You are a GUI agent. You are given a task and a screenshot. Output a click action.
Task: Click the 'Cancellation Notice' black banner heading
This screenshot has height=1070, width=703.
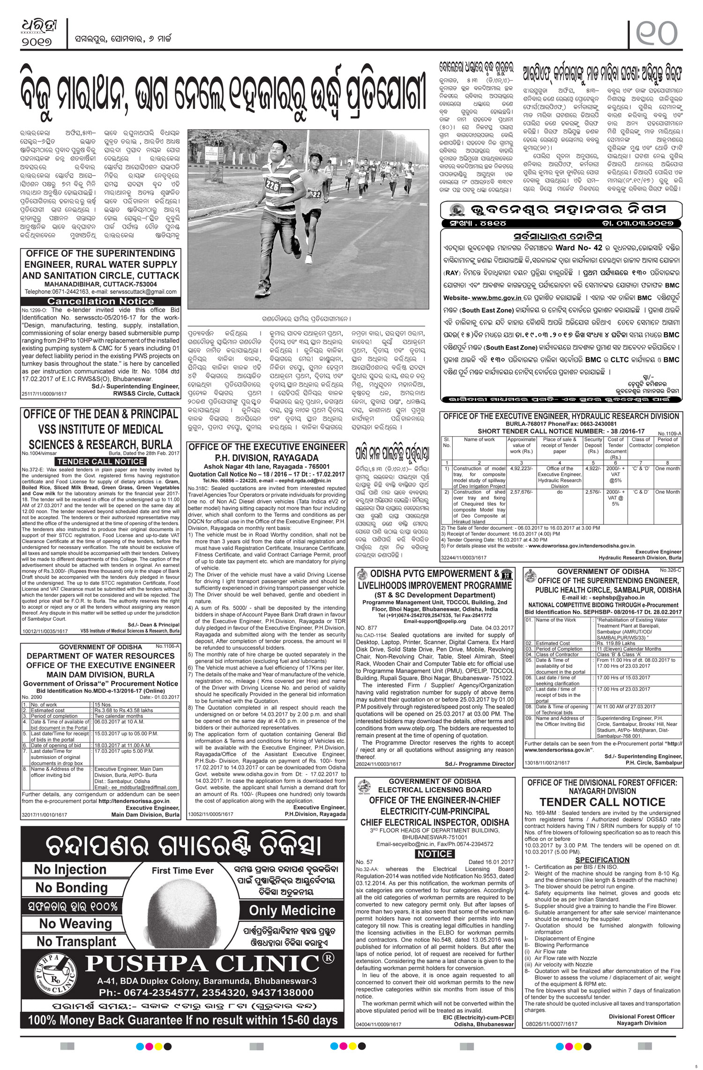click(101, 301)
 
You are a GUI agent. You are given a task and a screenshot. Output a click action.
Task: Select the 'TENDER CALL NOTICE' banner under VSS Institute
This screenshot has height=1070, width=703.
click(101, 461)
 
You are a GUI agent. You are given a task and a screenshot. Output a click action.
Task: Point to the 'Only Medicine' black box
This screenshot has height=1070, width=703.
click(292, 910)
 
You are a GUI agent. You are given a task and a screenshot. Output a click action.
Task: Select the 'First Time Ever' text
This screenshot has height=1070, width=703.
click(183, 871)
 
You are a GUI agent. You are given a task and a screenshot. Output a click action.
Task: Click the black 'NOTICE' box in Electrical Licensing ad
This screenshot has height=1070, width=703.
click(434, 854)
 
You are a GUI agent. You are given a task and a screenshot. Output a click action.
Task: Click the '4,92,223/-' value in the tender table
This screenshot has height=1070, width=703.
click(521, 468)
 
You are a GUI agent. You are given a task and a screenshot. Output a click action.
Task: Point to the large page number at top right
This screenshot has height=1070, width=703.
click(656, 31)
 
